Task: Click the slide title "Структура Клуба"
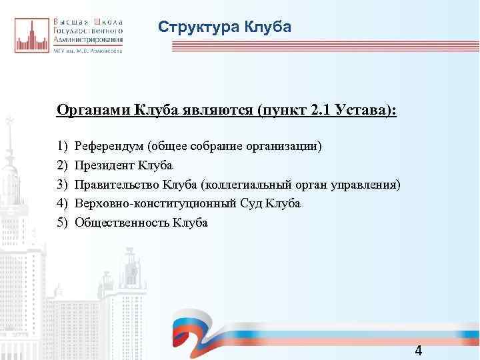coord(225,27)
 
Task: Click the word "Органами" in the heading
coord(93,109)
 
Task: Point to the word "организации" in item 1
coord(291,145)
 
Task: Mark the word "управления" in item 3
coord(367,184)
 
